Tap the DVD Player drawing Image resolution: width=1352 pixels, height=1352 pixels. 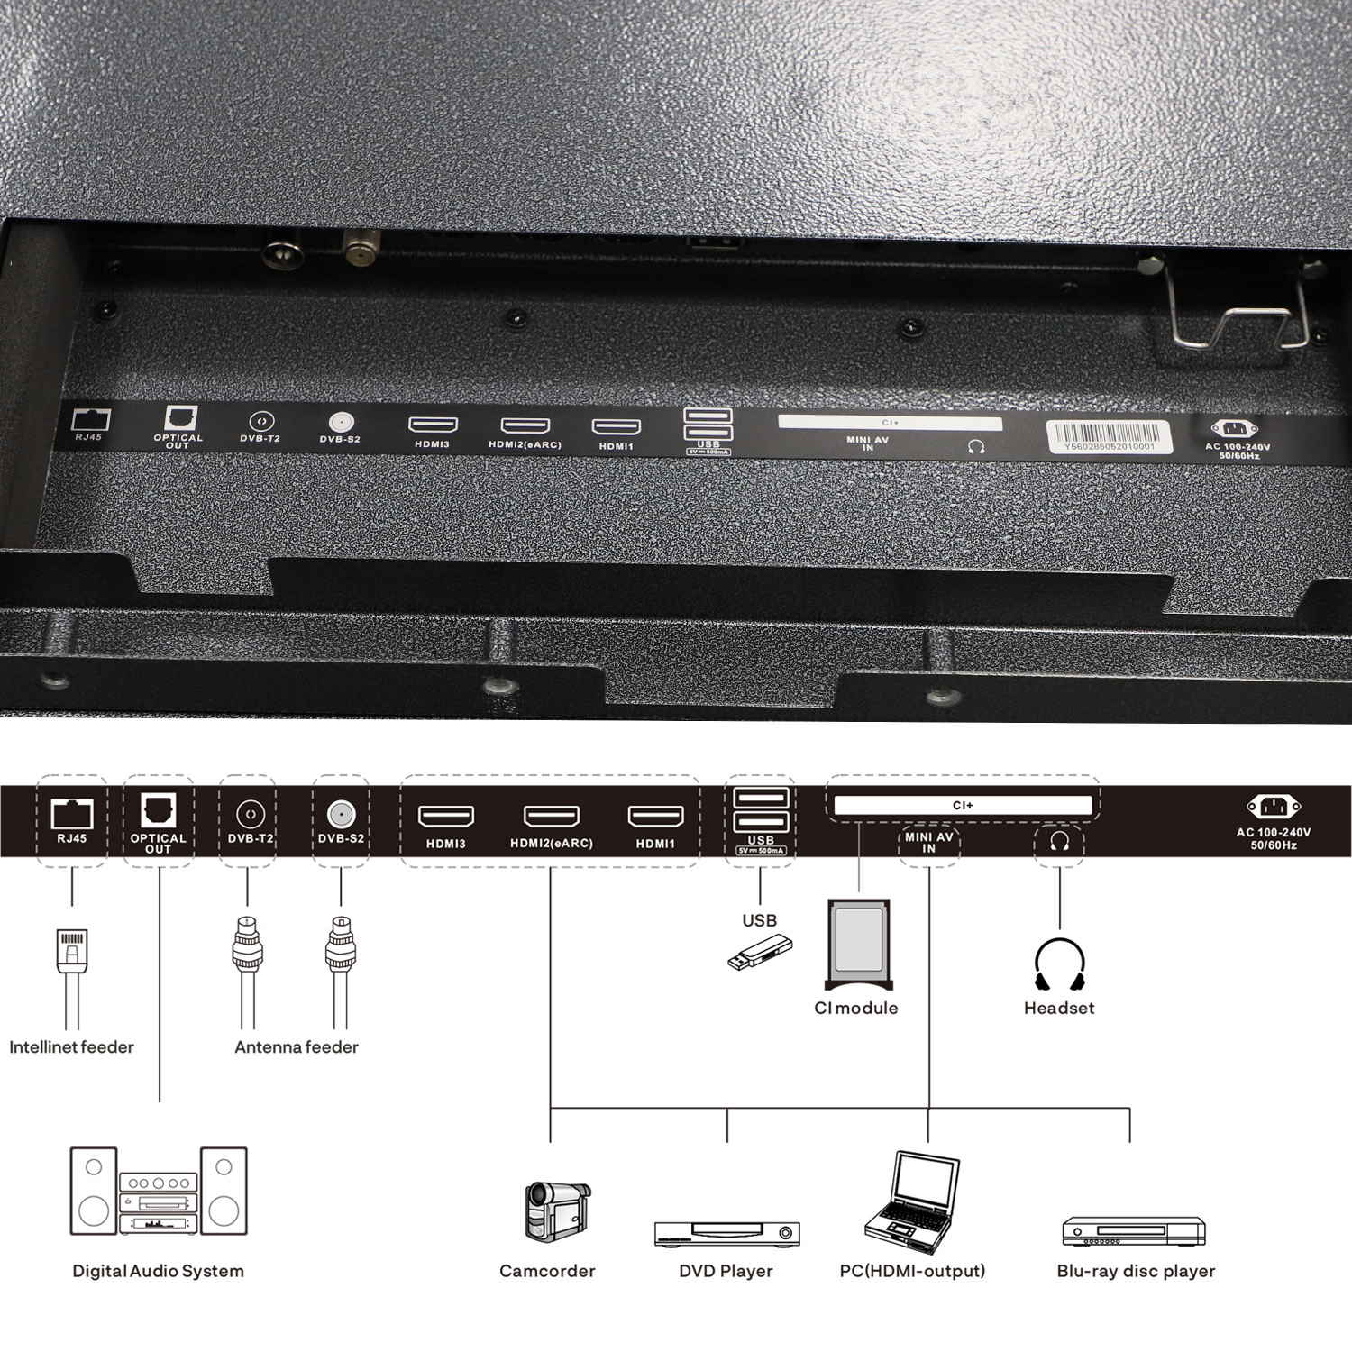click(x=726, y=1233)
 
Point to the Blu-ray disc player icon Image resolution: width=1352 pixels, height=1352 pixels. click(x=1133, y=1231)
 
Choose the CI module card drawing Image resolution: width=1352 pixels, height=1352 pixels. click(x=858, y=944)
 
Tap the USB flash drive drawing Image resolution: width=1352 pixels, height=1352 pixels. click(x=760, y=954)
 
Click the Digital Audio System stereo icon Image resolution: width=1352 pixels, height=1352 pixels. click(x=158, y=1191)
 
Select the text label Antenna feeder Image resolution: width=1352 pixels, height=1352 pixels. click(x=297, y=1047)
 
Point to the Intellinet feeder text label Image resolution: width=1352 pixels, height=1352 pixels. click(x=71, y=1047)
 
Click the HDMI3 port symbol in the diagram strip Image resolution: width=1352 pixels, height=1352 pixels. click(x=446, y=816)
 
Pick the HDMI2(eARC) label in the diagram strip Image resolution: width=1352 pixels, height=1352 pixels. click(x=552, y=844)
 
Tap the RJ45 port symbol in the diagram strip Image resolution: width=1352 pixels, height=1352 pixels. click(x=72, y=813)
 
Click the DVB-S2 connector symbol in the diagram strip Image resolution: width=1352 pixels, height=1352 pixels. click(x=341, y=814)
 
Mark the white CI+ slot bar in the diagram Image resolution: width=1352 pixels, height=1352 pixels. click(x=963, y=806)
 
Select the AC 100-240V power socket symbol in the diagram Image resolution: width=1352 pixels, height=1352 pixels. click(x=1273, y=807)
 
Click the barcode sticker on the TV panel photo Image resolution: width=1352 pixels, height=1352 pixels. click(x=1108, y=436)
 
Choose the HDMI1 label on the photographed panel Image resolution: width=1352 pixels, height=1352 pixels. click(x=616, y=447)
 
